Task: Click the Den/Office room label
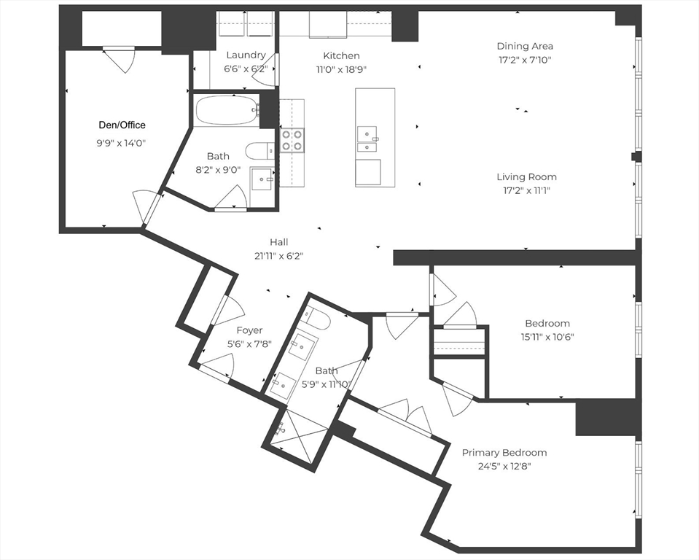pyautogui.click(x=122, y=125)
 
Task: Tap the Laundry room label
pyautogui.click(x=246, y=55)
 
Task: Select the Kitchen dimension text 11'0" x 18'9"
pyautogui.click(x=341, y=69)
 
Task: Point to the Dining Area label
pyautogui.click(x=525, y=46)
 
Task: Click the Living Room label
pyautogui.click(x=526, y=176)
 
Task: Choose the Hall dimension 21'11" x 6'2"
pyautogui.click(x=279, y=256)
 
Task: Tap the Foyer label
pyautogui.click(x=249, y=330)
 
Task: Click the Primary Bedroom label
pyautogui.click(x=504, y=453)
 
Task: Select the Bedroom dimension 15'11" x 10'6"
pyautogui.click(x=547, y=337)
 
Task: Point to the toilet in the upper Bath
pyautogui.click(x=260, y=150)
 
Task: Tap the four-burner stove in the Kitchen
pyautogui.click(x=292, y=139)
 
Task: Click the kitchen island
pyautogui.click(x=375, y=137)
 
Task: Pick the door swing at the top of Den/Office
pyautogui.click(x=119, y=59)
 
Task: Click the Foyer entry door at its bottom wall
pyautogui.click(x=217, y=366)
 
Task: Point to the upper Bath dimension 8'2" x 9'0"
pyautogui.click(x=218, y=170)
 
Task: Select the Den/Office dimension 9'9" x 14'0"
pyautogui.click(x=122, y=143)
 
